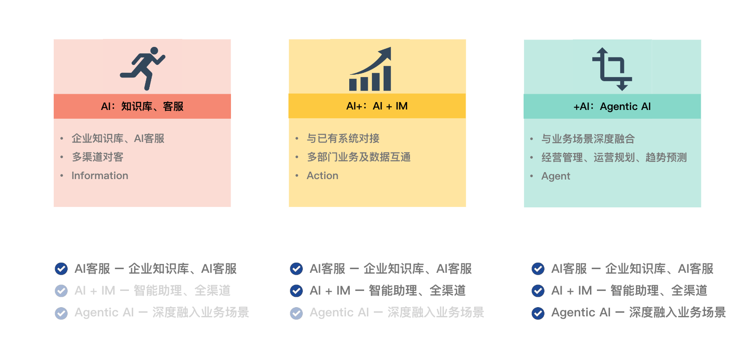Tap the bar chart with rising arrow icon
pyautogui.click(x=370, y=69)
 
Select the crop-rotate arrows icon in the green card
pyautogui.click(x=612, y=69)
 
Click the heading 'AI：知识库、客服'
pyautogui.click(x=142, y=106)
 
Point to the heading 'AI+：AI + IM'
pyautogui.click(x=377, y=106)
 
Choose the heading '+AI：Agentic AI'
pyautogui.click(x=612, y=106)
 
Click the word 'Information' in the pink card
pyautogui.click(x=100, y=176)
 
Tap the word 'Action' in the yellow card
pyautogui.click(x=322, y=176)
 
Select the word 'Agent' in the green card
pyautogui.click(x=556, y=176)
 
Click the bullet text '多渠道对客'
pyautogui.click(x=97, y=157)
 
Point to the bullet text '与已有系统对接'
pyautogui.click(x=343, y=138)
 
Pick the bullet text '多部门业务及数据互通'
pyautogui.click(x=359, y=157)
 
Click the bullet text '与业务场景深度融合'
pyautogui.click(x=588, y=139)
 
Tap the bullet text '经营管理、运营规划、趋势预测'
pyautogui.click(x=614, y=157)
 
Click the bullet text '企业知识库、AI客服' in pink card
pyautogui.click(x=118, y=138)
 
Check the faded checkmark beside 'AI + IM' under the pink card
pyautogui.click(x=61, y=291)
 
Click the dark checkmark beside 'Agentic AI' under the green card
pyautogui.click(x=538, y=313)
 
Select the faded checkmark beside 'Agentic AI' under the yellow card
pyautogui.click(x=296, y=313)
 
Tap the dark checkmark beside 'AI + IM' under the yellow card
pyautogui.click(x=296, y=291)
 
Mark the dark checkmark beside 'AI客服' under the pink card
pyautogui.click(x=61, y=269)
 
